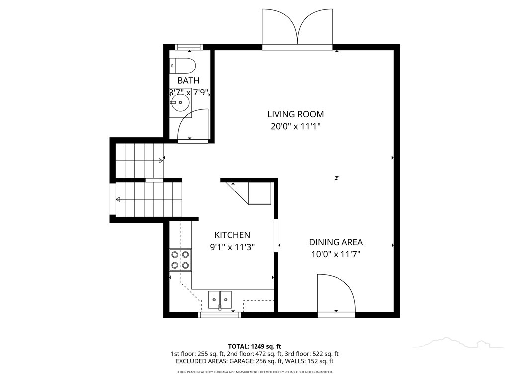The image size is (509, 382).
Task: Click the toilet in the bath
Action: click(183, 66)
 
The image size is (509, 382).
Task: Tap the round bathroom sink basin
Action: click(180, 102)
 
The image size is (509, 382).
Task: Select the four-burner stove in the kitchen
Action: click(180, 260)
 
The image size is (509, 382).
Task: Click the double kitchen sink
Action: click(220, 300)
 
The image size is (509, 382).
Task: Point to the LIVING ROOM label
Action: click(295, 114)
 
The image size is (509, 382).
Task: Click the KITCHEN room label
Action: click(232, 235)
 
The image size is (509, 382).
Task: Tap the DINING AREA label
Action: click(336, 242)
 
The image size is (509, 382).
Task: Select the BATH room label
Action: click(188, 80)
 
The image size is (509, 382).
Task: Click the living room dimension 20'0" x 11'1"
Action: click(295, 126)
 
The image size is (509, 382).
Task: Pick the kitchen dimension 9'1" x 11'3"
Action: click(232, 247)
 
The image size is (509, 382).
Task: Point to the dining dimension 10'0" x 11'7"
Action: click(336, 254)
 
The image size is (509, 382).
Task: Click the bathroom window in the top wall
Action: click(189, 47)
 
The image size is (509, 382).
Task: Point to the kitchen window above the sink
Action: click(219, 315)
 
